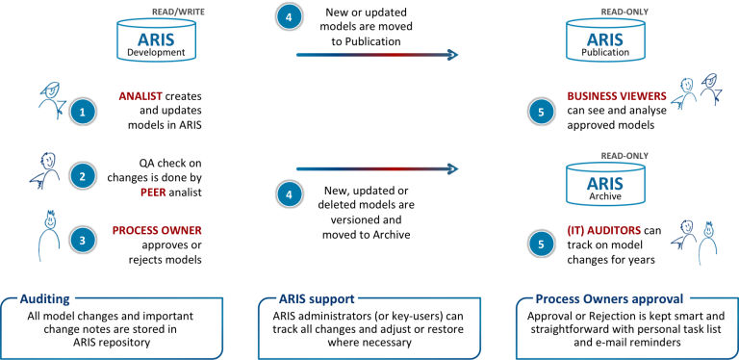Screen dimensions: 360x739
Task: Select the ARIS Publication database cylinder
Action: [605, 41]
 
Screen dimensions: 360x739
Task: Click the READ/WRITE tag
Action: [177, 11]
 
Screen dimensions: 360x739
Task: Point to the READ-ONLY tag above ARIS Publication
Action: [624, 11]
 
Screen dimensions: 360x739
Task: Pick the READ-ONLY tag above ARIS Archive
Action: [624, 155]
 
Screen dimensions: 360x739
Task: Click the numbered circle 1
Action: [84, 113]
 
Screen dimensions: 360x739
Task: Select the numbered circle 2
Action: [84, 176]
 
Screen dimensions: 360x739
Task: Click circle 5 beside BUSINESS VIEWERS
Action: [542, 113]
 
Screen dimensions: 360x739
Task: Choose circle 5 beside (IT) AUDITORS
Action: [542, 244]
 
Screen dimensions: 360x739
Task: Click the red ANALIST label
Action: [140, 97]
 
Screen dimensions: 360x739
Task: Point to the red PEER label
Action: [153, 193]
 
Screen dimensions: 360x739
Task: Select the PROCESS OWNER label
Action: [157, 230]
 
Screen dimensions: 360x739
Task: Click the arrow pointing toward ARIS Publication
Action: [376, 55]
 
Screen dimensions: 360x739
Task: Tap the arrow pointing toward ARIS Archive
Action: [376, 169]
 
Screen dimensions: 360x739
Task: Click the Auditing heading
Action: [46, 299]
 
